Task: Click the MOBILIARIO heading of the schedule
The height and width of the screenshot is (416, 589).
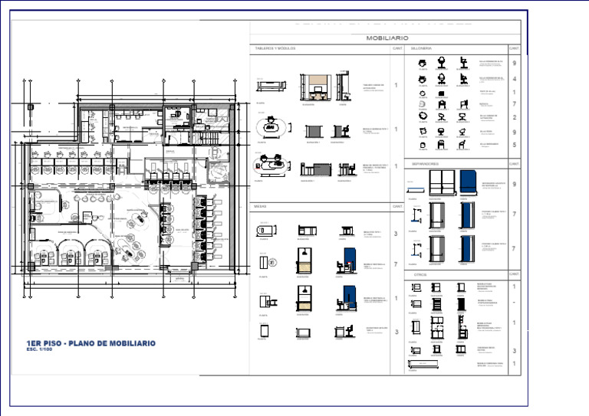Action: tap(387, 38)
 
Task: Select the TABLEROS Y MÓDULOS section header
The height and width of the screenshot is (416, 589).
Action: tap(275, 48)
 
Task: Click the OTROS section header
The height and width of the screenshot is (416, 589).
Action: tap(420, 274)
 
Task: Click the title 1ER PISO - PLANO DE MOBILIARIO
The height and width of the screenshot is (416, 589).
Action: tap(90, 343)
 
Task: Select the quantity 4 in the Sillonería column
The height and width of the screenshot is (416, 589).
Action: tap(514, 79)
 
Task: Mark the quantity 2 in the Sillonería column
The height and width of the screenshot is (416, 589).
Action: tap(514, 117)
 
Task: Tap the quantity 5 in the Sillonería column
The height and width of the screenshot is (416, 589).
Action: tap(514, 144)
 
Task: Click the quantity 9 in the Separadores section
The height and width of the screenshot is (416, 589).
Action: tap(514, 185)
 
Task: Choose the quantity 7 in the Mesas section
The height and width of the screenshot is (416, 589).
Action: tap(395, 264)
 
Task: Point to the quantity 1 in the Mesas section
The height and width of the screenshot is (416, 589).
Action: tap(395, 298)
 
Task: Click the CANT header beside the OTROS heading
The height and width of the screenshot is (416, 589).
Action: tap(514, 274)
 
